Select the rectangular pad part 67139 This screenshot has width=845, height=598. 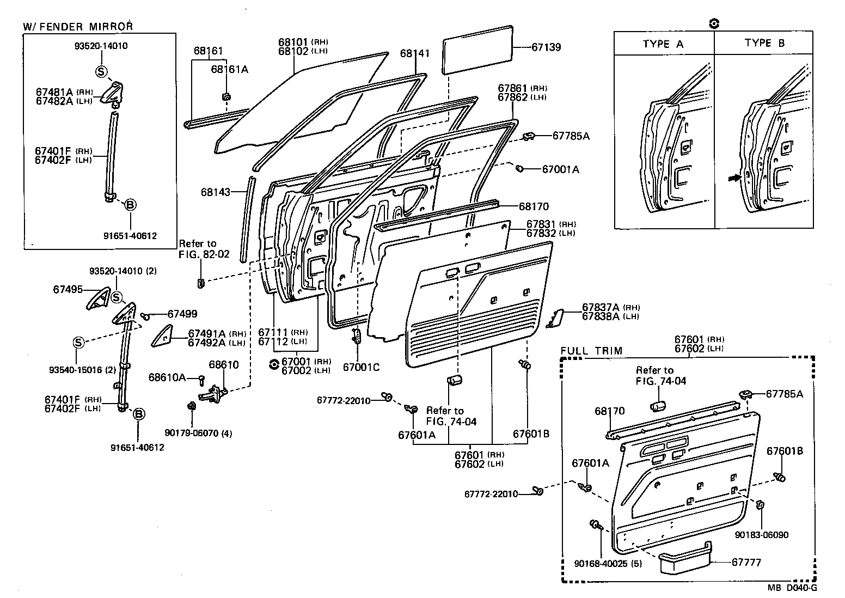pyautogui.click(x=478, y=50)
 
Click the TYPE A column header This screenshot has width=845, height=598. pyautogui.click(x=663, y=44)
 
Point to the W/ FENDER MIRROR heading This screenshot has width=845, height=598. pyautogui.click(x=78, y=26)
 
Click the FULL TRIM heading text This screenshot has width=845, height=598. pyautogui.click(x=591, y=350)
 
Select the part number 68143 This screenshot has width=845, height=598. pyautogui.click(x=216, y=192)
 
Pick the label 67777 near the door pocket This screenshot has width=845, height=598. pyautogui.click(x=746, y=562)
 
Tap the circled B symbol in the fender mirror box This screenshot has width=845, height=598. pyautogui.click(x=130, y=205)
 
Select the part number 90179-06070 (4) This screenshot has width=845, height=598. pyautogui.click(x=198, y=434)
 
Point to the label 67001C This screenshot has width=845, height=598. pyautogui.click(x=361, y=367)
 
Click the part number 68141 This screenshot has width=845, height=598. pyautogui.click(x=415, y=53)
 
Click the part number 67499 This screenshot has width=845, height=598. pyautogui.click(x=182, y=314)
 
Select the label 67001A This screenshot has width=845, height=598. pyautogui.click(x=560, y=169)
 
